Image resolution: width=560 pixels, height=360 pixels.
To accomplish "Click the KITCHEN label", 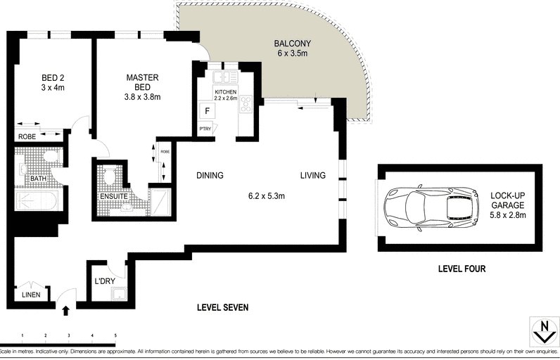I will coord(225,92).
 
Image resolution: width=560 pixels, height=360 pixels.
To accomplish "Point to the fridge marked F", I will coord(208,110).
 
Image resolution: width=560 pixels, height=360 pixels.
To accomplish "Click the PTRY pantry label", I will coord(206,129).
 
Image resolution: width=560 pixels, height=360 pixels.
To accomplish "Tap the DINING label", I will coord(210,176).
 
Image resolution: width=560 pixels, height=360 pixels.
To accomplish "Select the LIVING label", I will coord(312,176).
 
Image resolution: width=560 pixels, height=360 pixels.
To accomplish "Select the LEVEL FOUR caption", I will coord(462,269).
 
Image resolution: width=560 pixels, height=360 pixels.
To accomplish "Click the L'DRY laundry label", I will coord(104,283).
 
